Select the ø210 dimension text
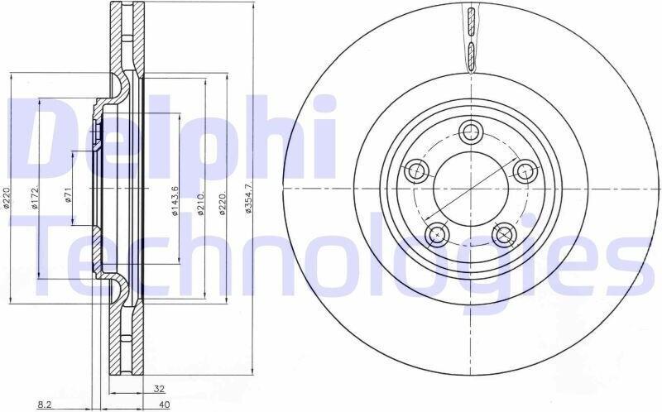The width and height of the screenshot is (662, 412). point(201,203)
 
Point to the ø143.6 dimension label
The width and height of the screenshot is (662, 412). point(175,201)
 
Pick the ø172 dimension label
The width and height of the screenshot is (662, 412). point(35,197)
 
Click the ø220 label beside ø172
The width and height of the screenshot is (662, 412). point(7,197)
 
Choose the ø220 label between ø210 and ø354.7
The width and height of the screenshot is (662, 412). point(223,203)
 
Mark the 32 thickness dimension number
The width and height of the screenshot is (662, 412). point(159,389)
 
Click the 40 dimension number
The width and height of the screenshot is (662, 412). point(164,405)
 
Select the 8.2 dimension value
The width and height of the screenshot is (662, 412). point(45,405)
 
